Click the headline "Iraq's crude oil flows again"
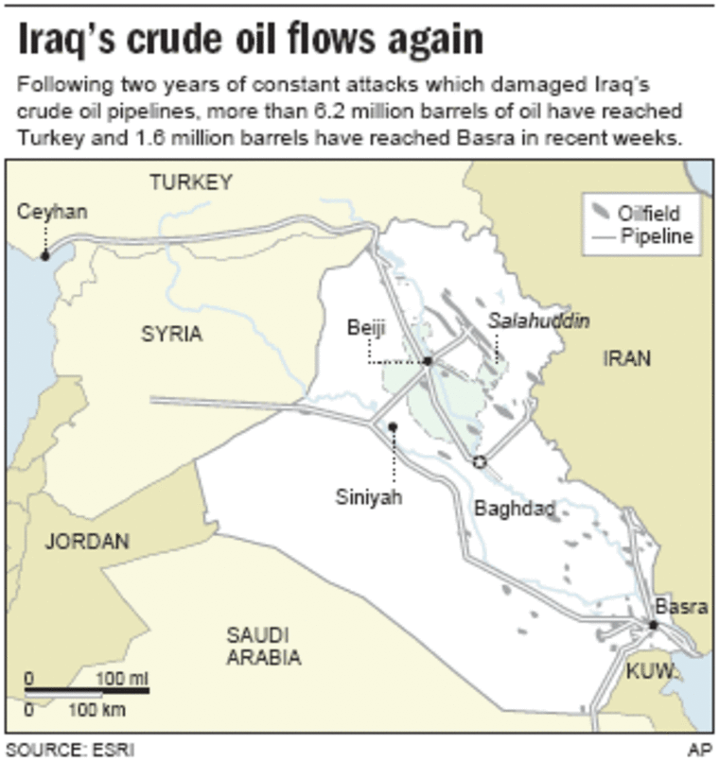(x=250, y=40)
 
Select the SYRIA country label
(x=171, y=334)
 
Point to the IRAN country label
(x=626, y=358)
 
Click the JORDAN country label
(x=86, y=542)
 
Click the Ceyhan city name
(x=52, y=212)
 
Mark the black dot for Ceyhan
(x=44, y=254)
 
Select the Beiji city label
(x=367, y=328)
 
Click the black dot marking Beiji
(x=428, y=361)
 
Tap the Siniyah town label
(x=369, y=496)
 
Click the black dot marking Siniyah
(x=393, y=427)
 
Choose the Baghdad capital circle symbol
(x=479, y=461)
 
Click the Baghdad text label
(x=514, y=510)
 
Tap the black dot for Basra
(x=653, y=625)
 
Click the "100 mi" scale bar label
(x=123, y=679)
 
